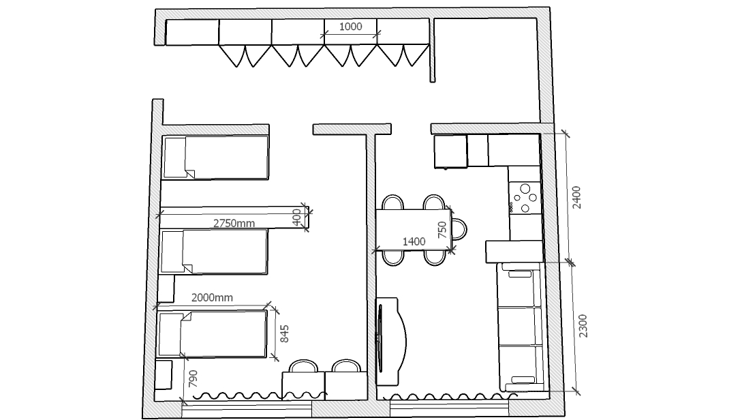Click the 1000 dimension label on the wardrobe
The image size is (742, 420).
tap(351, 27)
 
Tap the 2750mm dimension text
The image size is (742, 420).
tap(234, 223)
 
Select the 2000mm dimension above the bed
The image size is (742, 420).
tap(212, 298)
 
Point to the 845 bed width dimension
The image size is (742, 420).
tap(284, 334)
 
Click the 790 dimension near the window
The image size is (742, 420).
tap(193, 379)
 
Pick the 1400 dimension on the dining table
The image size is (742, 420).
tap(414, 241)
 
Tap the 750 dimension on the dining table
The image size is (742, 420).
tap(442, 230)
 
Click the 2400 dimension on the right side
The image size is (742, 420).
tap(576, 198)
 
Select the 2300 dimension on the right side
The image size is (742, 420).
tap(583, 326)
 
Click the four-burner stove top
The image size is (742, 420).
tap(525, 198)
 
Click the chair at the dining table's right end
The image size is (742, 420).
tap(459, 228)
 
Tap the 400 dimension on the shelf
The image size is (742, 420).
tap(296, 217)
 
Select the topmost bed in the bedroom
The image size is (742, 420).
tap(215, 157)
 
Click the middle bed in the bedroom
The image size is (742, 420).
tap(215, 252)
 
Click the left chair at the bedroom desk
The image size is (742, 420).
tap(303, 367)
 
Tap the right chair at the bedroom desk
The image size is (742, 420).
tap(346, 366)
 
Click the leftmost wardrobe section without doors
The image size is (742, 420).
tap(192, 32)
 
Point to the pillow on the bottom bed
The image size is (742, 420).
tap(170, 334)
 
